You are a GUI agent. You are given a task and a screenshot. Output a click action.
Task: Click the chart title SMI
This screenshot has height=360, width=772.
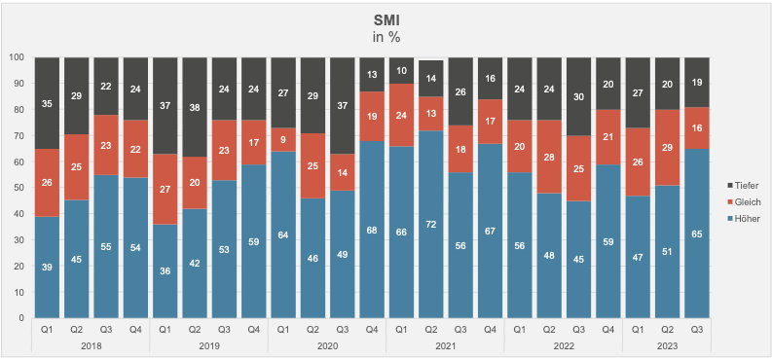click(386, 20)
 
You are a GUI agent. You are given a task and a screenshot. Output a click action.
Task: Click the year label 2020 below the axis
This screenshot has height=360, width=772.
click(327, 346)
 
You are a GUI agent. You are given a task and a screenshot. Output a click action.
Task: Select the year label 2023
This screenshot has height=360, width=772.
click(667, 346)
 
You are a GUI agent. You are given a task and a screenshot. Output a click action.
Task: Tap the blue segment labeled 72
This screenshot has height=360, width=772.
click(431, 224)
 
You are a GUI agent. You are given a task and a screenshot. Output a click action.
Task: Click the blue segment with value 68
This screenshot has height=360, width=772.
click(372, 230)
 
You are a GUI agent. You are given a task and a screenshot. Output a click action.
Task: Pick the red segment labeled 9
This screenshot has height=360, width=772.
click(283, 140)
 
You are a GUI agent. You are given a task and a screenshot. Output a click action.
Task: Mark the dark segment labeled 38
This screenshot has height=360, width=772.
click(195, 107)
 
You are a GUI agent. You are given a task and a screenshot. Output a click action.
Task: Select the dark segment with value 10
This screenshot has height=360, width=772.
click(401, 70)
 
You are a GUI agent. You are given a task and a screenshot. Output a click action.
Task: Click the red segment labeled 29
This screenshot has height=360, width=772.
click(667, 148)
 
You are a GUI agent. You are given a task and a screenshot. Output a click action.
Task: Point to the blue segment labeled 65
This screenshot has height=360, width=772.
click(697, 234)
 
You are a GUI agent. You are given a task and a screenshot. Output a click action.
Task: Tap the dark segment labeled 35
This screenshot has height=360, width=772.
click(47, 103)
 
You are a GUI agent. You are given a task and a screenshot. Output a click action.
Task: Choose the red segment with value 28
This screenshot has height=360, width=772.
click(549, 157)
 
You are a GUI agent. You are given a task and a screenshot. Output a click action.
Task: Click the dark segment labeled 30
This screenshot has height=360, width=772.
click(578, 96)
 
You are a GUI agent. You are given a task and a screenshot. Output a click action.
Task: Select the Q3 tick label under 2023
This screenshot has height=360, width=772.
click(697, 330)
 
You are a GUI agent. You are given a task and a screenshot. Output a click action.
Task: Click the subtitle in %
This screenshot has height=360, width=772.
click(386, 37)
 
